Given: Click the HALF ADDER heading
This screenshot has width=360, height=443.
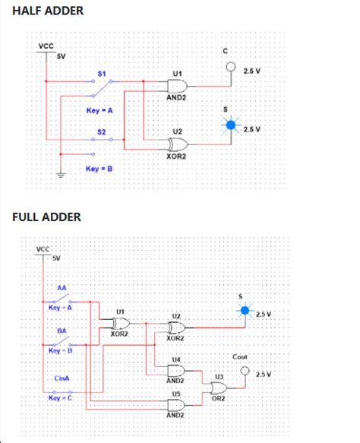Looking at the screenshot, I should point(48,11).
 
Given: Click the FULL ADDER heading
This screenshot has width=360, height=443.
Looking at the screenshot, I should point(47,217).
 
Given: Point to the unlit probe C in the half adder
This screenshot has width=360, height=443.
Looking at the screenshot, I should point(226,67).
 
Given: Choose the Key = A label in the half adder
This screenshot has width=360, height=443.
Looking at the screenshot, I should point(99,111).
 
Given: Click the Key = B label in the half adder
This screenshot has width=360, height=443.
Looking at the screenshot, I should point(99,168).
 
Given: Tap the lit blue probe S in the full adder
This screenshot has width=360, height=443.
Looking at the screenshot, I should point(244,311).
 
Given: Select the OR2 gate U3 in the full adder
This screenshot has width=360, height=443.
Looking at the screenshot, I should point(217,388).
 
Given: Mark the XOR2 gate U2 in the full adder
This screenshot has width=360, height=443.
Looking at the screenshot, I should point(176,328).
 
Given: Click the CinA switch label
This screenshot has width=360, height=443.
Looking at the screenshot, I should point(62,378).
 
